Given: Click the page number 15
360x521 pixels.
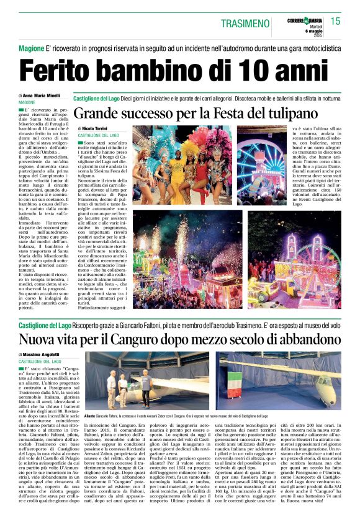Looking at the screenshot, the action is point(335,21).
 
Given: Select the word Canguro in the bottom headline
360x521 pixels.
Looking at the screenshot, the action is point(140,340).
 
